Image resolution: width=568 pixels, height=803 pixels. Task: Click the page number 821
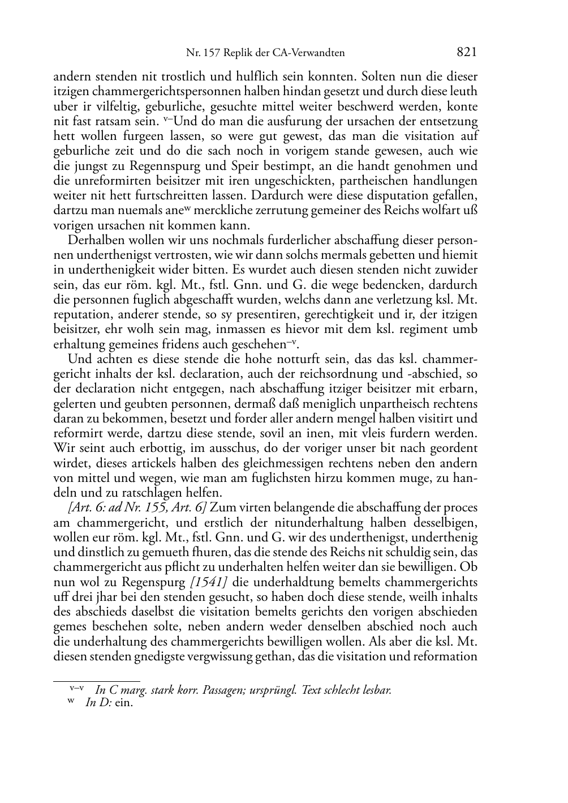466,53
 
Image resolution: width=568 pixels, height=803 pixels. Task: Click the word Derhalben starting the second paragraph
95,240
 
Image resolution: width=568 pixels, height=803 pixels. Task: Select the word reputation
80,314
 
